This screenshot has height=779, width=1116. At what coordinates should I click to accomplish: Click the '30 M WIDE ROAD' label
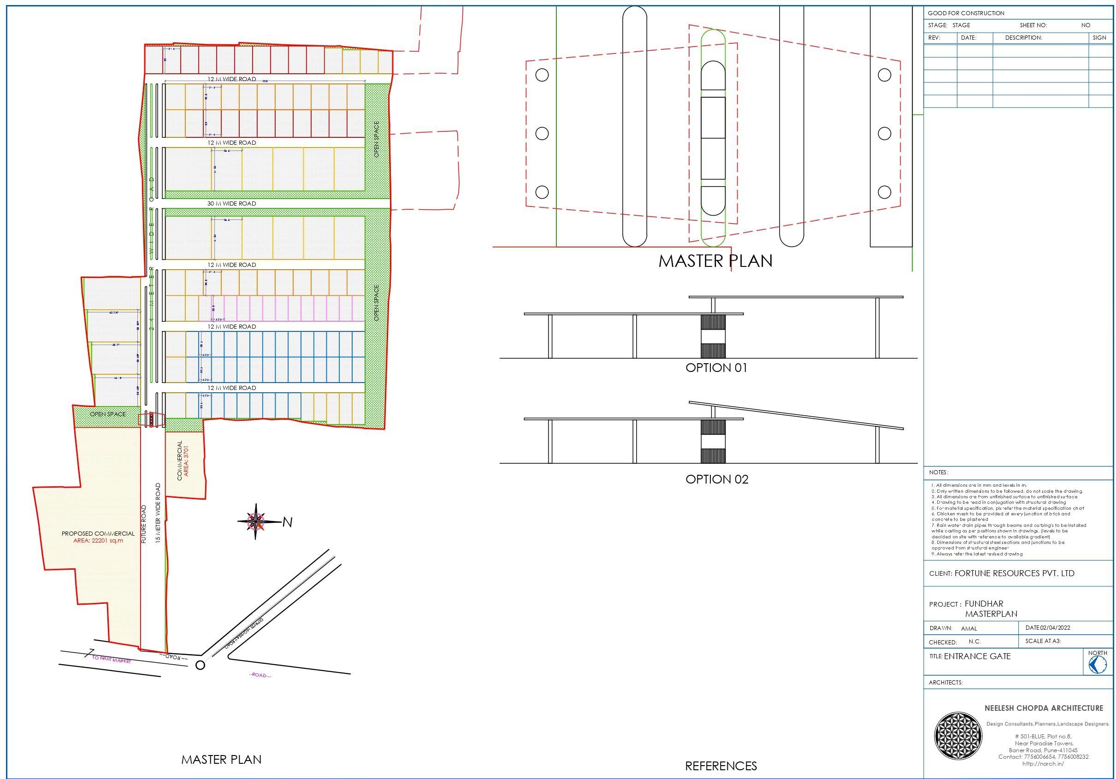[x=231, y=204]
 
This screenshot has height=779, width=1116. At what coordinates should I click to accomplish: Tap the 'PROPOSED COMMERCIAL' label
[x=98, y=533]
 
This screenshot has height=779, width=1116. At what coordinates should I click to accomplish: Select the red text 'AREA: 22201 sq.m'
[x=98, y=540]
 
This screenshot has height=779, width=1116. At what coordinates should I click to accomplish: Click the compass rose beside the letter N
[x=256, y=521]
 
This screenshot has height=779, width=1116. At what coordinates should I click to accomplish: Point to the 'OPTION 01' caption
[x=716, y=368]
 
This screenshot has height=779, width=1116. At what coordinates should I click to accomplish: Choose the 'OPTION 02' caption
[x=716, y=479]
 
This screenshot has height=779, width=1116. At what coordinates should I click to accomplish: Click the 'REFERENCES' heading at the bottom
[x=721, y=766]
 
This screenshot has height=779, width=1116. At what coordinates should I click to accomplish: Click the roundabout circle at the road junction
[x=200, y=665]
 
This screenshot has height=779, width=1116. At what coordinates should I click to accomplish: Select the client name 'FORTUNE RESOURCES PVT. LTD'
[x=1015, y=573]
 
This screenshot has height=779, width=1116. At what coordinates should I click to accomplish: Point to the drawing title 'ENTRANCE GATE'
[x=977, y=656]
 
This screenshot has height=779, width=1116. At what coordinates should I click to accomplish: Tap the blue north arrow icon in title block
[x=1098, y=664]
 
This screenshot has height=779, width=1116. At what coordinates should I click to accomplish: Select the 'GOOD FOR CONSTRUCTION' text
[x=966, y=13]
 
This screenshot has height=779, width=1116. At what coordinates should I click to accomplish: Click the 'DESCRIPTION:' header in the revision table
[x=1023, y=37]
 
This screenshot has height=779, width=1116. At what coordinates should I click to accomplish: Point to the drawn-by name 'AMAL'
[x=969, y=628]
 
